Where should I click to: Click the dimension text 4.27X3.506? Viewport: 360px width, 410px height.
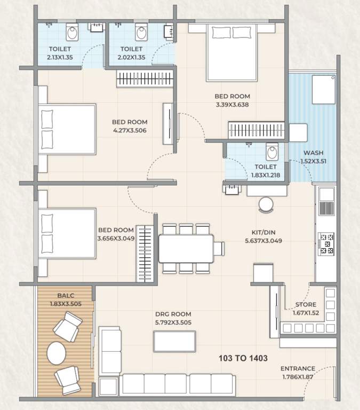[x=130, y=130]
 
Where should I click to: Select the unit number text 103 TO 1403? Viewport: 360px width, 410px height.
[x=243, y=358]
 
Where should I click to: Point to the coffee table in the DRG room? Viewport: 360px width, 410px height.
[x=174, y=341]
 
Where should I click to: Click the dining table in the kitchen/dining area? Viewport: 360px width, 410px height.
[x=186, y=248]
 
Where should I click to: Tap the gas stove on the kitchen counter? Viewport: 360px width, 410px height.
[x=326, y=242]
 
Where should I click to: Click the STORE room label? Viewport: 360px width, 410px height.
[x=306, y=305]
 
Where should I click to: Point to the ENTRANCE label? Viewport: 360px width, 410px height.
[x=298, y=368]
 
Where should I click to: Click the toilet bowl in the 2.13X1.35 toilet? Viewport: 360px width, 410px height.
[x=72, y=33]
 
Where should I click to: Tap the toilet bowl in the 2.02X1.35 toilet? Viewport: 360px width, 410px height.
[x=141, y=33]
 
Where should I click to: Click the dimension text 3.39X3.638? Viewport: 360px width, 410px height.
[x=232, y=105]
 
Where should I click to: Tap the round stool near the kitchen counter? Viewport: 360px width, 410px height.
[x=265, y=204]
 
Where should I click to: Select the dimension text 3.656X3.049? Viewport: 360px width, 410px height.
[x=116, y=238]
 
